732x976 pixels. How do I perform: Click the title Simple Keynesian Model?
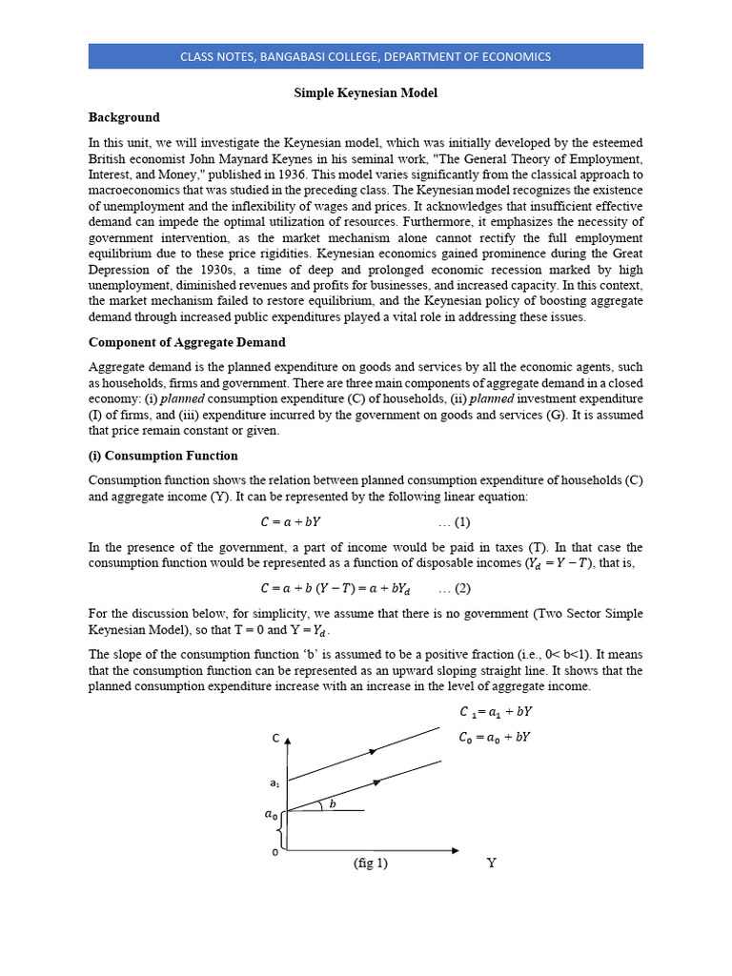pos(365,93)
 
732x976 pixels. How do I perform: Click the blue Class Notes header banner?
pos(365,56)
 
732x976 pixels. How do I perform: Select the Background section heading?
pos(124,117)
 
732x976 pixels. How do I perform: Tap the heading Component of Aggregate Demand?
pos(187,342)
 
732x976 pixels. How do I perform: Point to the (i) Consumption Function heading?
pos(163,456)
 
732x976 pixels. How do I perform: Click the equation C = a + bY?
pos(296,522)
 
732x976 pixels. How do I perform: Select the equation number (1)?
pos(455,522)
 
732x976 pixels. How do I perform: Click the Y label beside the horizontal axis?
pos(492,863)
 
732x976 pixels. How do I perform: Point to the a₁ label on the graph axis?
pos(274,783)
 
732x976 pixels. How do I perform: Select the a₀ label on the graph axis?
pos(272,814)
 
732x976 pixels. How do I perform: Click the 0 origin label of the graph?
pos(275,851)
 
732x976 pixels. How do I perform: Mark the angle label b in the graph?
pos(332,804)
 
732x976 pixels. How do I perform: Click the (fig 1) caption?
pos(370,864)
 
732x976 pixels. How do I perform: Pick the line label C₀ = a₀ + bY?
pos(495,737)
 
